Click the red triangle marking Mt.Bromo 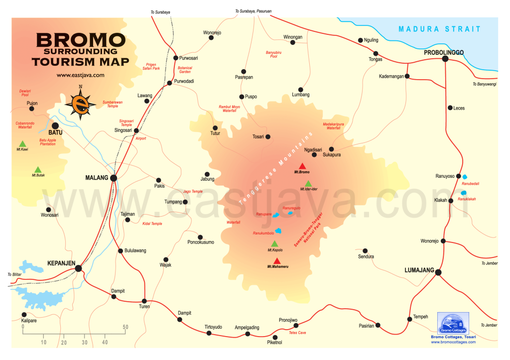click(x=301, y=166)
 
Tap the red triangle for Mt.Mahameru click(x=277, y=261)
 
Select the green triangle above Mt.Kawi click(x=22, y=144)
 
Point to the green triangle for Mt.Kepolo click(x=274, y=243)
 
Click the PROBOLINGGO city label click(x=444, y=52)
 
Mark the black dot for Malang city click(x=114, y=178)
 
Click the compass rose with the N click(x=80, y=103)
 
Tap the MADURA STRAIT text click(x=440, y=29)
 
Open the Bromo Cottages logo click(x=453, y=324)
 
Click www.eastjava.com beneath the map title click(x=80, y=75)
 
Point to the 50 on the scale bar click(x=126, y=327)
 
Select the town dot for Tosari click(x=268, y=136)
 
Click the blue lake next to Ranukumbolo click(x=279, y=231)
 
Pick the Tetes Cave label click(x=297, y=332)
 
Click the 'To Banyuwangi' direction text click(x=485, y=84)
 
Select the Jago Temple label click(x=193, y=191)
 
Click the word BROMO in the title click(x=80, y=40)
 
